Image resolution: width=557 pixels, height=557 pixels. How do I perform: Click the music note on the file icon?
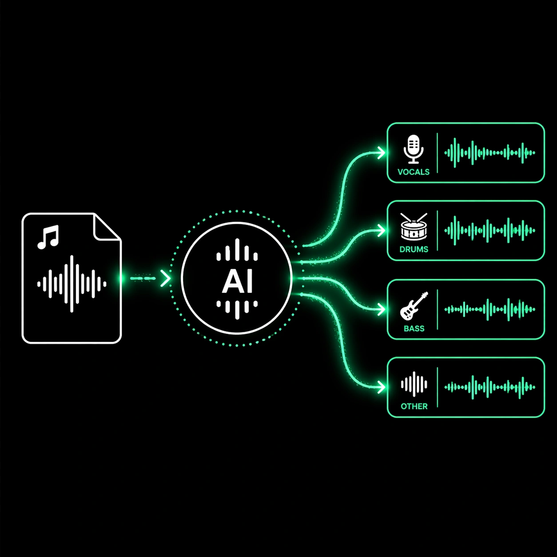pos(48,237)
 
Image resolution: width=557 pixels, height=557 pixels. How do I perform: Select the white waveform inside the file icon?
pos(72,283)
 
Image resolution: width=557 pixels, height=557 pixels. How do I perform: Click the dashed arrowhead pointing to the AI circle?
pos(166,279)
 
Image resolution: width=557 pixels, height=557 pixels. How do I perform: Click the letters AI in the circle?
pos(237,281)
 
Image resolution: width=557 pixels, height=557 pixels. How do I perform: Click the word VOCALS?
pos(414,172)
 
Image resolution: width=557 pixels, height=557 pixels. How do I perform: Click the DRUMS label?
pos(414,249)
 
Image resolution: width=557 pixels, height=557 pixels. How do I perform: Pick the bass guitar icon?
pos(414,306)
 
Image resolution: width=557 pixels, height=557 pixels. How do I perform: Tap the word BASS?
pos(414,329)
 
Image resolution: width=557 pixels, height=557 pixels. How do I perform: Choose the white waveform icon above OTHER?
pos(414,384)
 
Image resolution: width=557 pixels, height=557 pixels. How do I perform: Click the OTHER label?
pos(414,406)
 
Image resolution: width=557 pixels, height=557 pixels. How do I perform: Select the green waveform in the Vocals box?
pos(489,153)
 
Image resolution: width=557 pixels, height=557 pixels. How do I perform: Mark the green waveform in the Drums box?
pos(489,231)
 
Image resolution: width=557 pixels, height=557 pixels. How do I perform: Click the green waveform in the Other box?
pos(489,387)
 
